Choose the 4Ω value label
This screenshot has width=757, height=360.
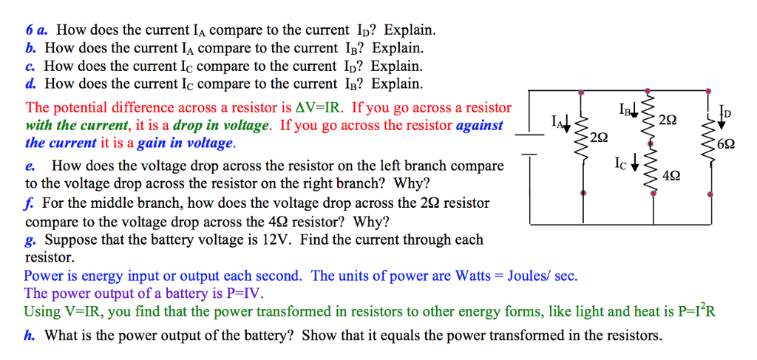tap(672, 175)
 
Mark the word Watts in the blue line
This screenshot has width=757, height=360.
tap(473, 276)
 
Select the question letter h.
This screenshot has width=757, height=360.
tap(29, 336)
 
